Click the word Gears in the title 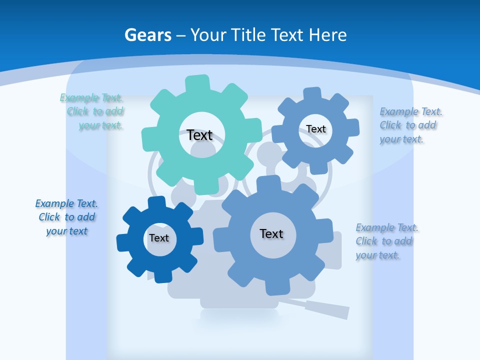[x=147, y=35]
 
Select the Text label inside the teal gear [x=199, y=135]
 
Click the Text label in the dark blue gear [x=159, y=238]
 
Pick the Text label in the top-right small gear [x=316, y=129]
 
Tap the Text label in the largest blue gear [x=271, y=233]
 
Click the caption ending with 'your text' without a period [x=66, y=217]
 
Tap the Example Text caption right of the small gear [x=410, y=125]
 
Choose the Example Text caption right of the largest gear [x=386, y=241]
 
